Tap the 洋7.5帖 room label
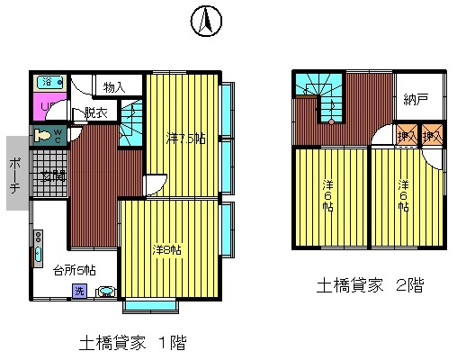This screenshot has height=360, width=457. tap(186, 139)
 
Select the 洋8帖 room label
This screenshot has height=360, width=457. tap(166, 249)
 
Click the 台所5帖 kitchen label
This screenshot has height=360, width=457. tap(75, 268)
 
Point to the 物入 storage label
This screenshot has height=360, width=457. tap(113, 87)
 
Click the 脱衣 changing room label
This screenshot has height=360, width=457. tap(96, 112)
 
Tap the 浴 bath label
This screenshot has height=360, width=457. tap(46, 82)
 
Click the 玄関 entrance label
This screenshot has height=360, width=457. tap(52, 175)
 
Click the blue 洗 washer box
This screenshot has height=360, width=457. tap(79, 291)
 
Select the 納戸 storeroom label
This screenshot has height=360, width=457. tap(416, 97)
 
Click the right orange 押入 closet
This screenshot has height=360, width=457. tap(433, 135)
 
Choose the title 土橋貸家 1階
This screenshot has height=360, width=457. tap(133, 342)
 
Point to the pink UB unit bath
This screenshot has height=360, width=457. tap(47, 109)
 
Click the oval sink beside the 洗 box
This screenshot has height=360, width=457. tap(105, 292)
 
